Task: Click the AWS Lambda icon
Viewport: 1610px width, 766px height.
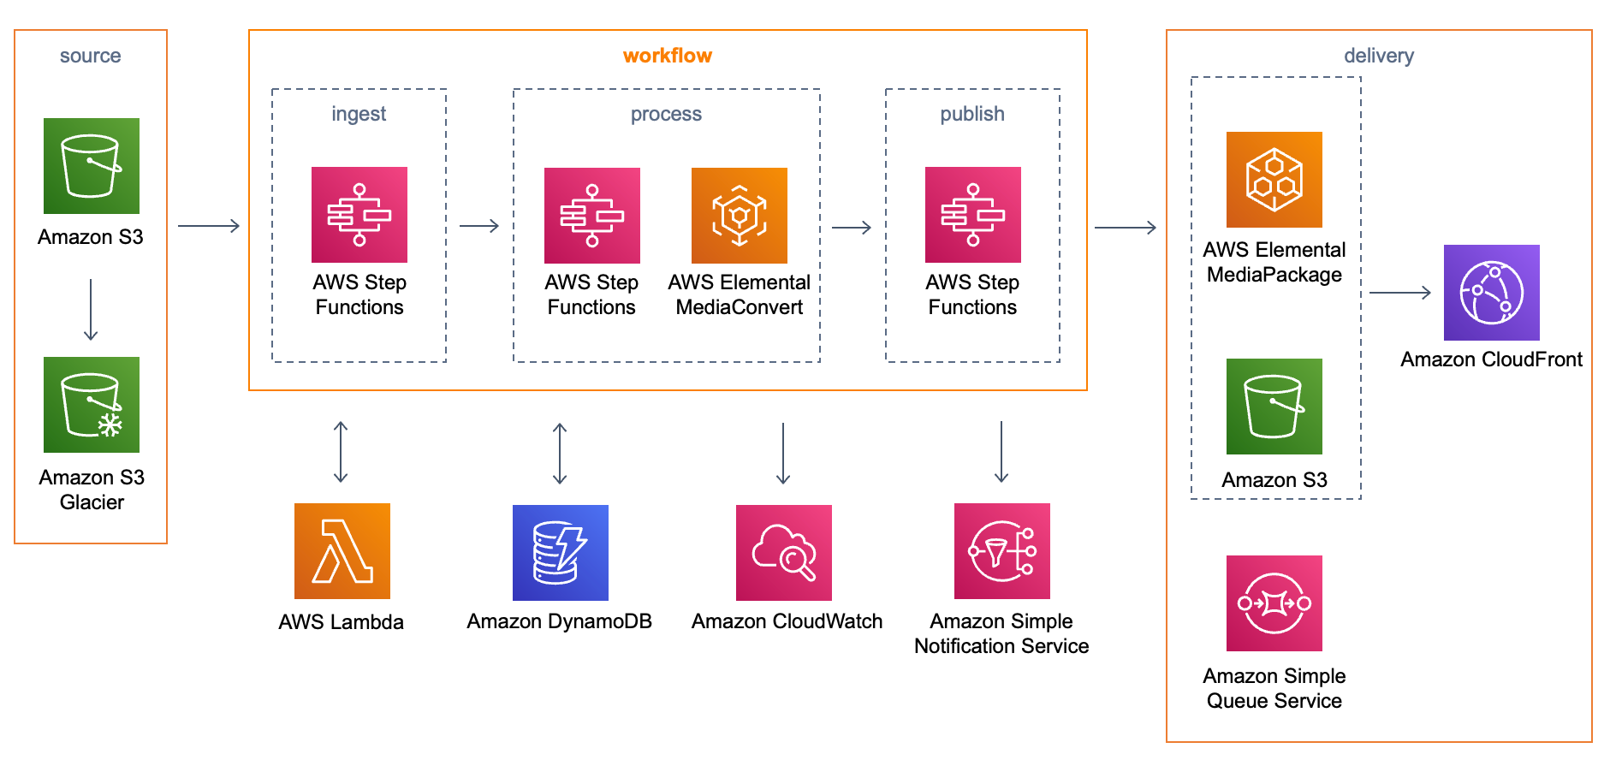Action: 342,551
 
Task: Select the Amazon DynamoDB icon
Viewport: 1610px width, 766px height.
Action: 561,553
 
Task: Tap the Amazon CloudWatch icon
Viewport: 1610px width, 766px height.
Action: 784,553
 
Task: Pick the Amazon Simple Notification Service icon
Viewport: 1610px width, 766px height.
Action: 1002,551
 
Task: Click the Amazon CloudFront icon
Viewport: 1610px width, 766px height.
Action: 1492,293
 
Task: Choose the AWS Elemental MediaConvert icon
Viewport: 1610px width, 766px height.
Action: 740,216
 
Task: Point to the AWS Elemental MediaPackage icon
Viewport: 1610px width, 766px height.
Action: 1274,180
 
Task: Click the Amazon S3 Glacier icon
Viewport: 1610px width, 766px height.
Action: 92,405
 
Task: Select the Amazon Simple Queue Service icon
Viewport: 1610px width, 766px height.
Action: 1274,603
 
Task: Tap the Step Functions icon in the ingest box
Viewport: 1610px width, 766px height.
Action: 359,215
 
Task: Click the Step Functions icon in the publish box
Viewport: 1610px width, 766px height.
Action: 973,215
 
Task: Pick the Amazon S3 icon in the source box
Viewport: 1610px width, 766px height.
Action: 92,166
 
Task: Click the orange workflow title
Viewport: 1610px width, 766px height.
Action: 668,56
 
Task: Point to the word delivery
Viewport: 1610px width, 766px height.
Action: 1379,56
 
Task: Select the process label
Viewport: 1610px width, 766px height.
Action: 666,115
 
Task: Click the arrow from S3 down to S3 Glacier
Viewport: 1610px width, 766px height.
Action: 91,310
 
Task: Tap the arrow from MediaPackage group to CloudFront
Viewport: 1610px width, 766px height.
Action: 1400,293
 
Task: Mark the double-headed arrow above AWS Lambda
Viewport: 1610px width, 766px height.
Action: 341,453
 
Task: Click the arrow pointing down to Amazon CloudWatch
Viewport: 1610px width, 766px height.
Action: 783,454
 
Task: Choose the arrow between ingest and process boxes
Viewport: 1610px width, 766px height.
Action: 479,226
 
